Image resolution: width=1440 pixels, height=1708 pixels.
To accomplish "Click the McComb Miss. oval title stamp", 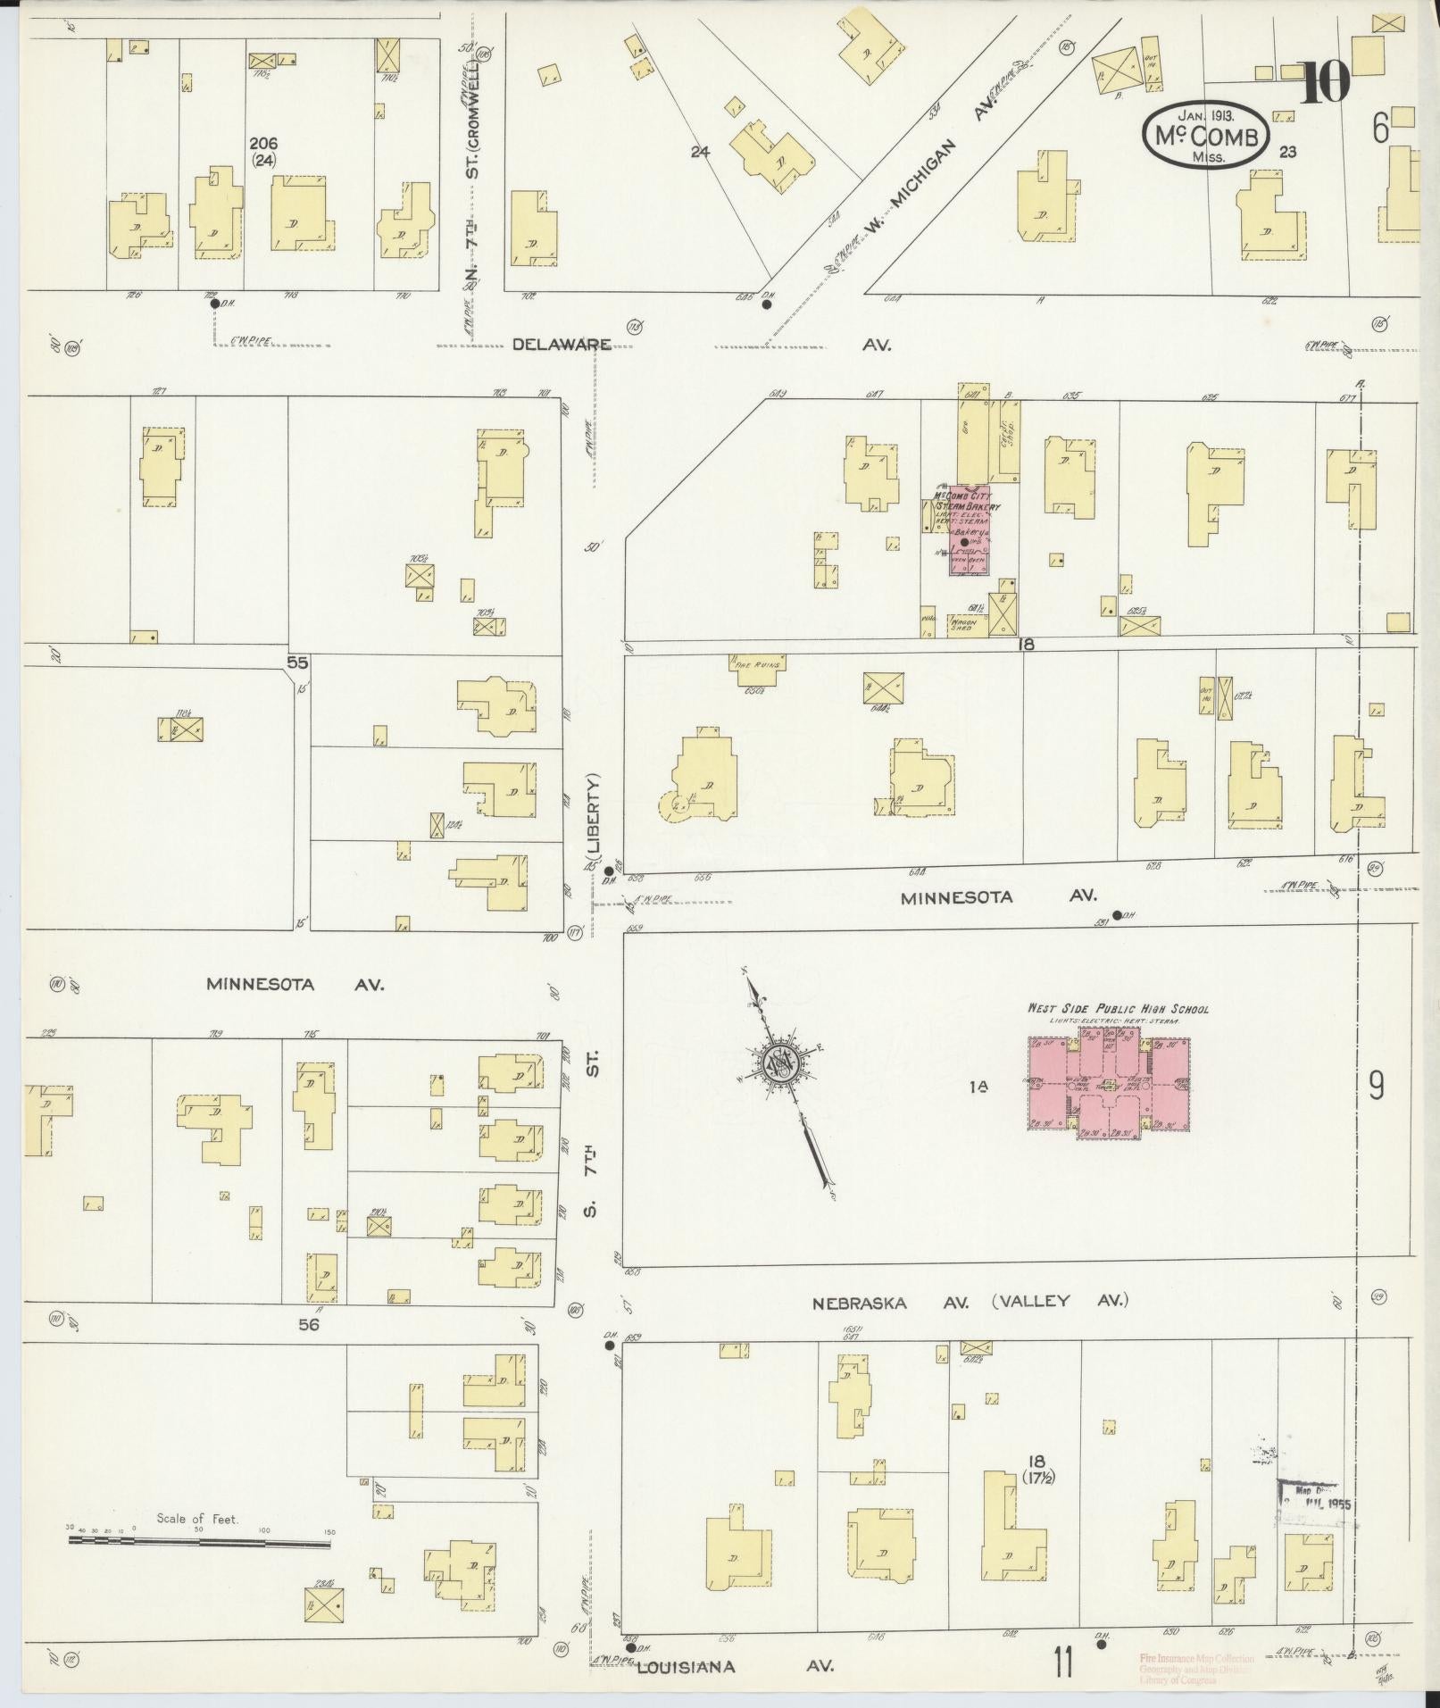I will point(1204,135).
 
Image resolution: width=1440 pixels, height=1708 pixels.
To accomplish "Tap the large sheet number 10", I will point(1325,85).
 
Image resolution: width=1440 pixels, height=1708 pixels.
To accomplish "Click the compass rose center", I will point(778,1062).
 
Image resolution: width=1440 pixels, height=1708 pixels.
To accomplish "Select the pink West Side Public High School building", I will point(1109,1084).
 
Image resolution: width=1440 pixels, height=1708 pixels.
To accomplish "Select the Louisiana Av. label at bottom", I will point(686,1666).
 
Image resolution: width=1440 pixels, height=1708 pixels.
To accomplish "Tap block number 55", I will point(297,662).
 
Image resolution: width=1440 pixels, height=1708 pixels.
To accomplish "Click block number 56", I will point(308,1325).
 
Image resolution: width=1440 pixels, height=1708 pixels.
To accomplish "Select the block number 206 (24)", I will point(263,152).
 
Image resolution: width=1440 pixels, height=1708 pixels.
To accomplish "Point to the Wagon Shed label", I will point(962,624).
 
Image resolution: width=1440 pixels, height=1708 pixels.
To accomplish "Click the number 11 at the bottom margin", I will point(1061,1662).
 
